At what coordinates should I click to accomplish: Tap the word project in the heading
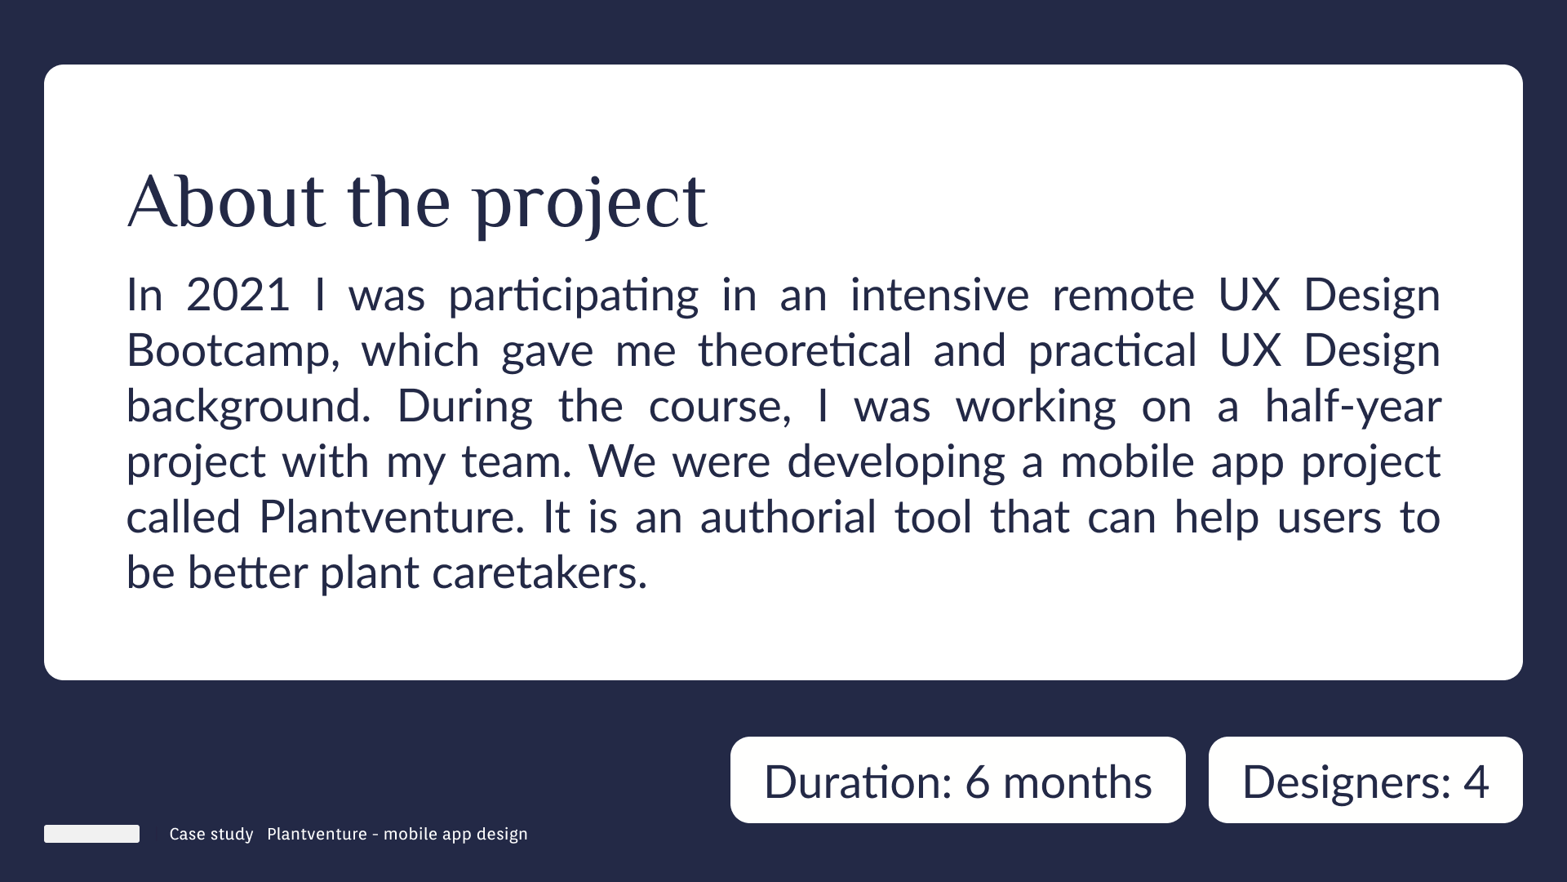click(590, 206)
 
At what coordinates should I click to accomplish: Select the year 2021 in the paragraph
click(237, 295)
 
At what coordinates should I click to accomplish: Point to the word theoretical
click(805, 350)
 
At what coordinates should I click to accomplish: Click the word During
click(465, 408)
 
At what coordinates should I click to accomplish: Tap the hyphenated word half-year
click(1353, 408)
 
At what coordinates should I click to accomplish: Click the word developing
click(896, 463)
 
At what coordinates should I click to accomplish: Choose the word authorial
click(788, 517)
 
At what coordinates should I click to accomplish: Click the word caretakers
click(539, 572)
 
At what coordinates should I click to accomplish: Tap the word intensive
click(940, 295)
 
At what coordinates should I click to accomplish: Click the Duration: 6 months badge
click(958, 780)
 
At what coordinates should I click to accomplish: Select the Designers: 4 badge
click(1365, 780)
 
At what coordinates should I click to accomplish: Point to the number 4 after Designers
click(1476, 782)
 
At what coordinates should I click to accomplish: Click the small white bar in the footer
click(91, 834)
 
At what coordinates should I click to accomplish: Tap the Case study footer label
click(211, 835)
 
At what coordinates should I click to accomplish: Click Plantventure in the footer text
click(317, 834)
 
